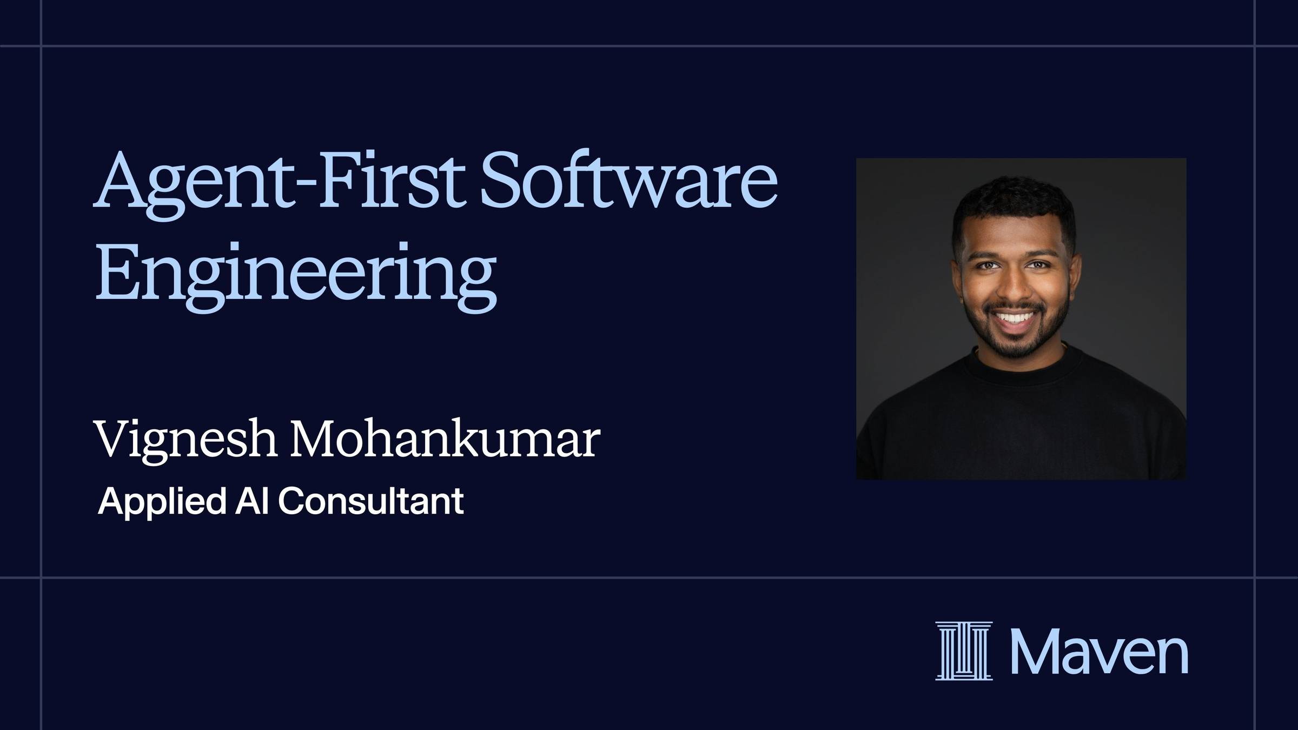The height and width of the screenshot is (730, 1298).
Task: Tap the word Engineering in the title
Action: [x=295, y=276]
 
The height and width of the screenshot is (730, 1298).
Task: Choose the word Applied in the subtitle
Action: [x=161, y=502]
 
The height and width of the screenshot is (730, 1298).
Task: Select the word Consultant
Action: [x=370, y=501]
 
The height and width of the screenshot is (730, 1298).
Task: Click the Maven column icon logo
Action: [x=964, y=651]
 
